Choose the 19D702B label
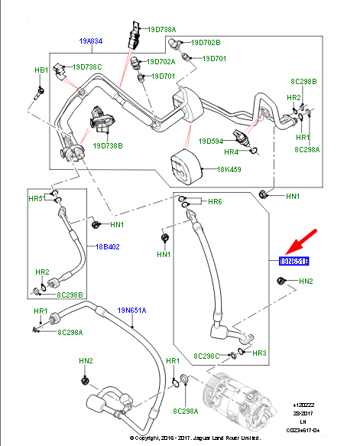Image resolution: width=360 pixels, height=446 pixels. tap(205, 43)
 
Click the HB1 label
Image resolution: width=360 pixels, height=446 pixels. tap(41, 70)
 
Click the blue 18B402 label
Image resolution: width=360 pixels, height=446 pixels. tap(109, 246)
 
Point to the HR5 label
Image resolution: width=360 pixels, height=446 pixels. tap(36, 199)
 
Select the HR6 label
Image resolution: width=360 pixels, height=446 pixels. tap(215, 201)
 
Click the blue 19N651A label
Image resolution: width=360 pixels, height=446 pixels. tap(132, 310)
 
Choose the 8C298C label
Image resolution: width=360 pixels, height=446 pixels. tap(209, 356)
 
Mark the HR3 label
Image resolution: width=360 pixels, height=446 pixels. tap(259, 353)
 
